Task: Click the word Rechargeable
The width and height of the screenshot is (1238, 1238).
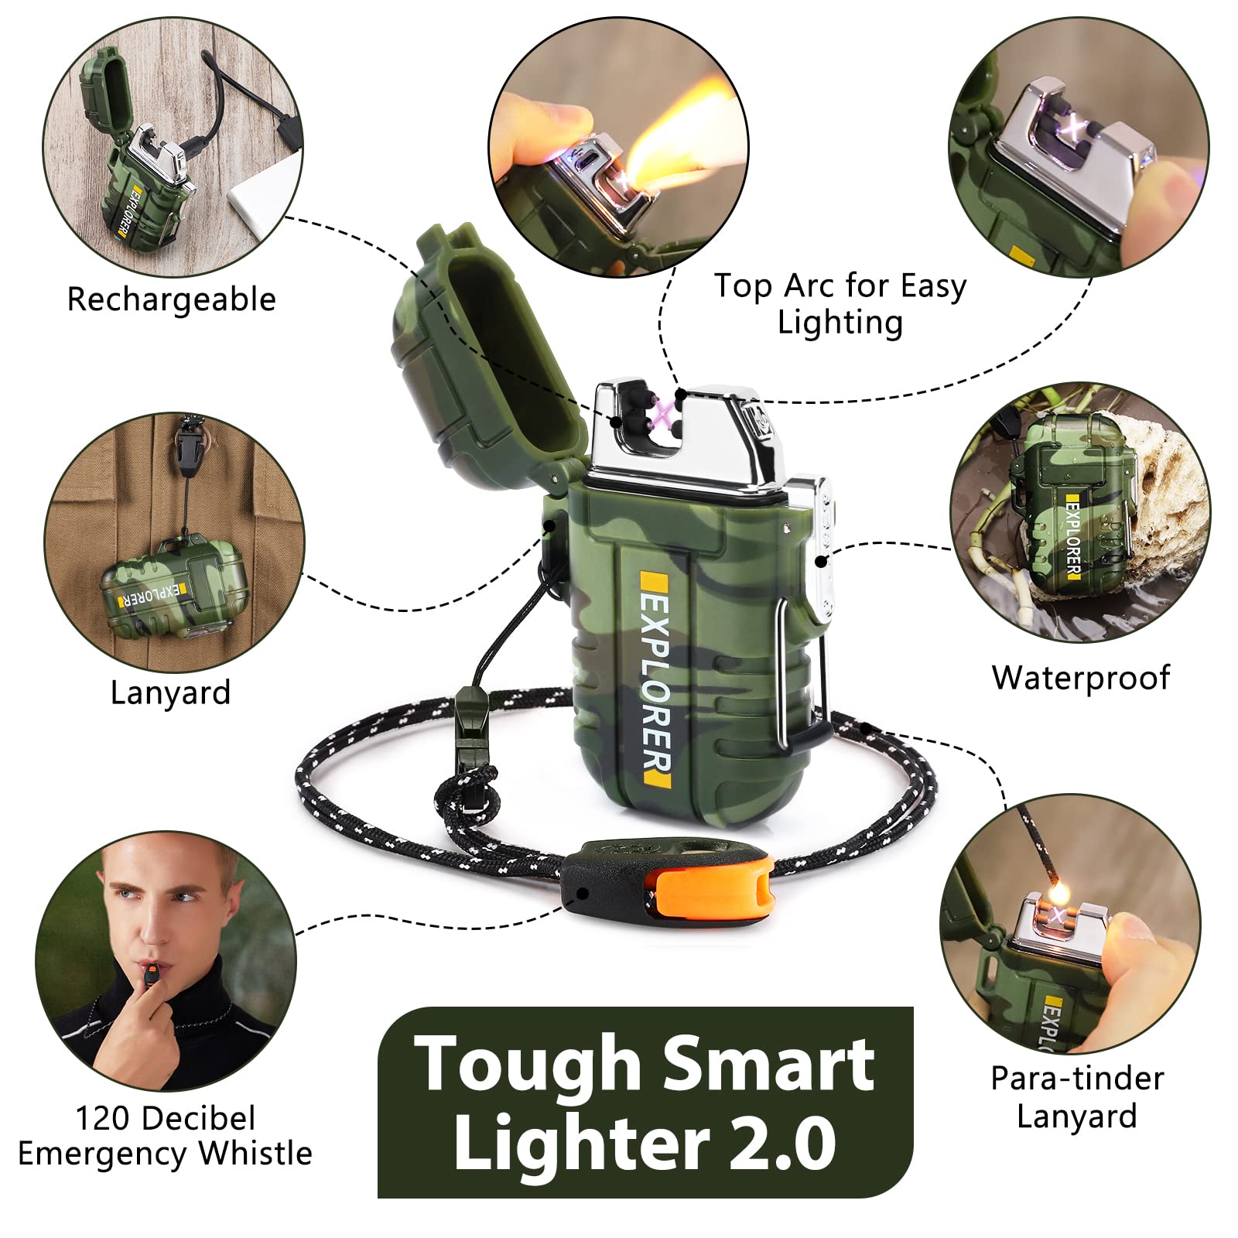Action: [x=171, y=300]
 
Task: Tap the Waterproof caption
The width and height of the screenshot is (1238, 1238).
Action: [x=1081, y=679]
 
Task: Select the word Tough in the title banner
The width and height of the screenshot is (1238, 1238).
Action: [x=528, y=1064]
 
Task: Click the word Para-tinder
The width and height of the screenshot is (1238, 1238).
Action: [x=1077, y=1079]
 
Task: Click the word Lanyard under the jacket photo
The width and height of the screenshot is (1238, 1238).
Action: [x=171, y=693]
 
